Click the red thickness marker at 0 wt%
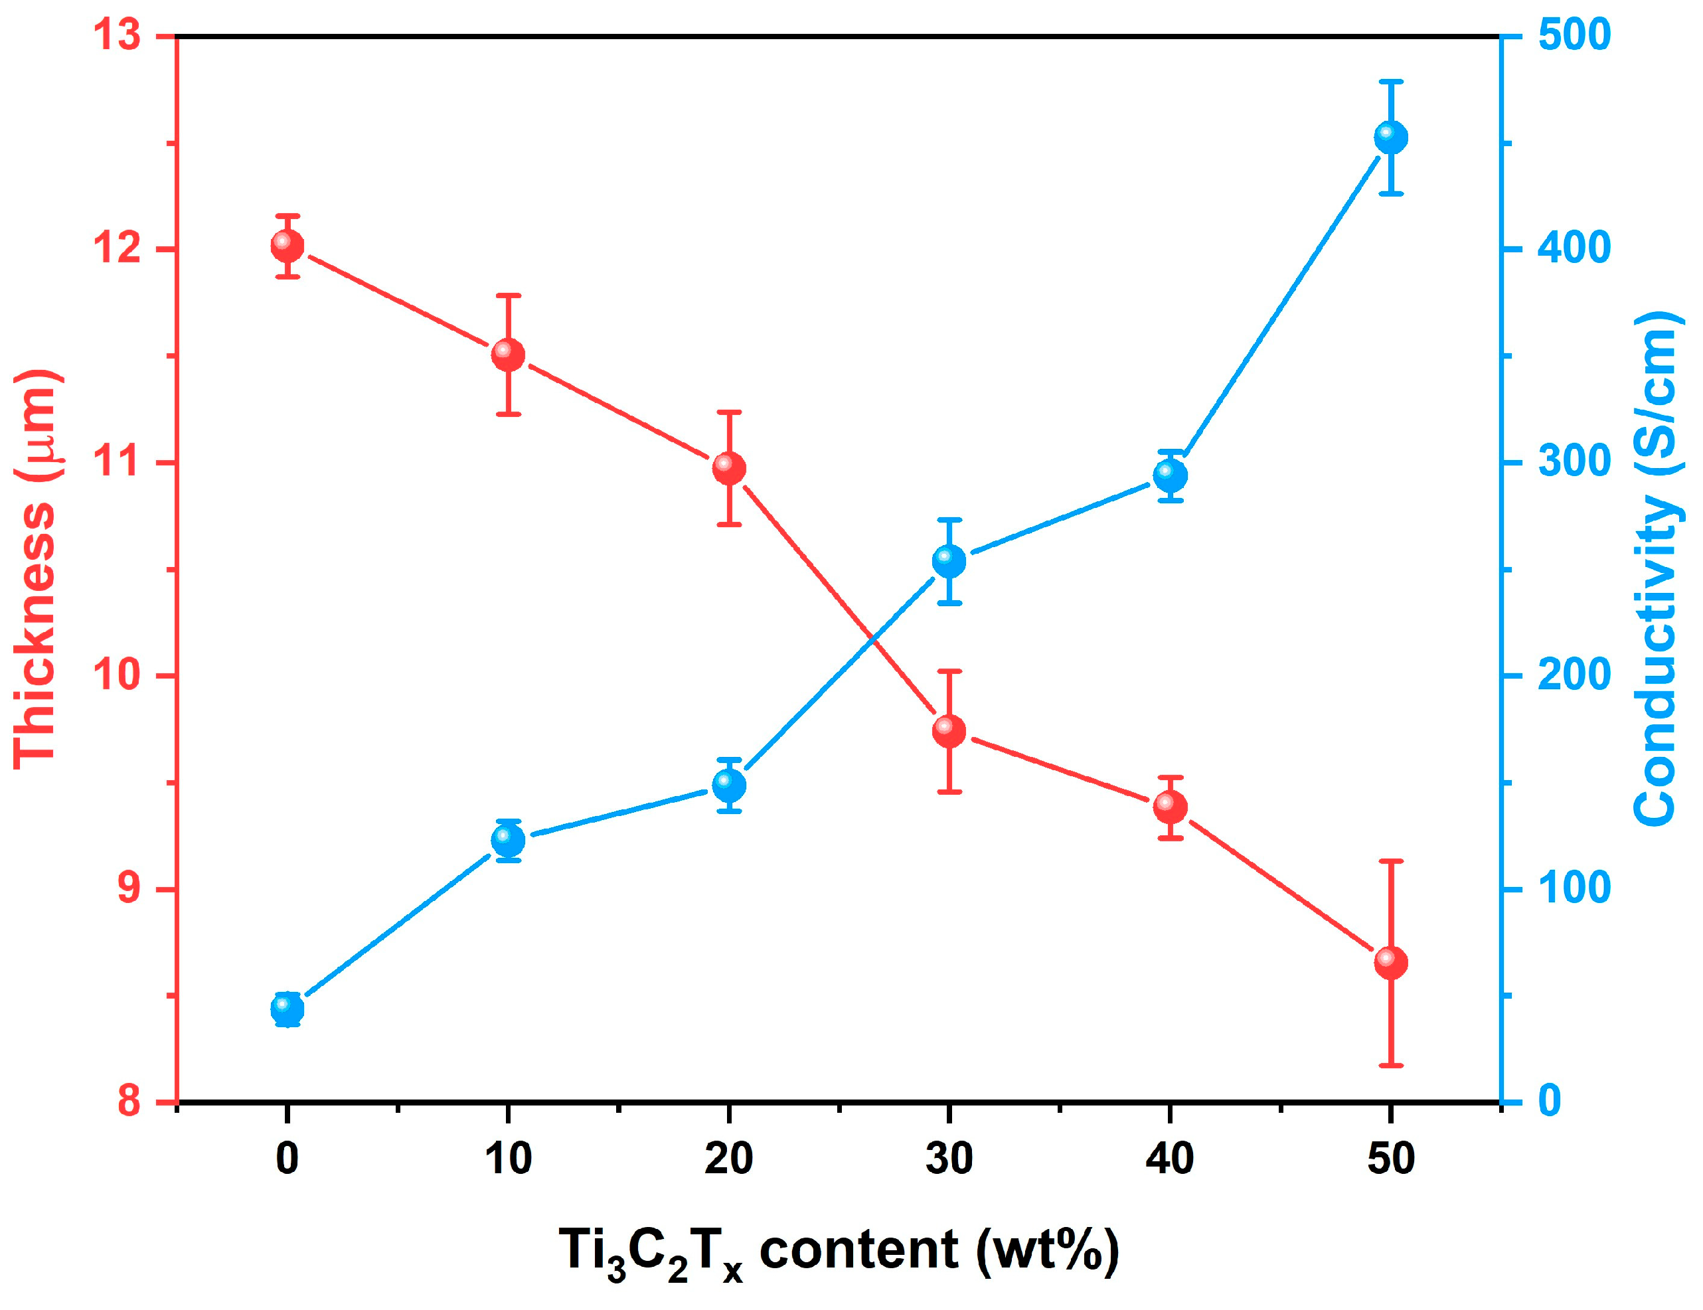pos(287,246)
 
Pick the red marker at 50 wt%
pos(1390,962)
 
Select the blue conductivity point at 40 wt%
pos(1170,475)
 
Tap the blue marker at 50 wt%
pos(1390,138)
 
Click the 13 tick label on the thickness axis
pos(117,37)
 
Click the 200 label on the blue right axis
pos(1574,675)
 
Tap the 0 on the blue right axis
pos(1550,1101)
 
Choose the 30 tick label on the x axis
pos(949,1159)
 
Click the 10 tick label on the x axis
pos(508,1159)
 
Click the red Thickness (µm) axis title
pos(36,569)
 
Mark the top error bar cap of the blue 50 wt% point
pos(1390,81)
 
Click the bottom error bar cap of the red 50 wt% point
pos(1390,1065)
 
